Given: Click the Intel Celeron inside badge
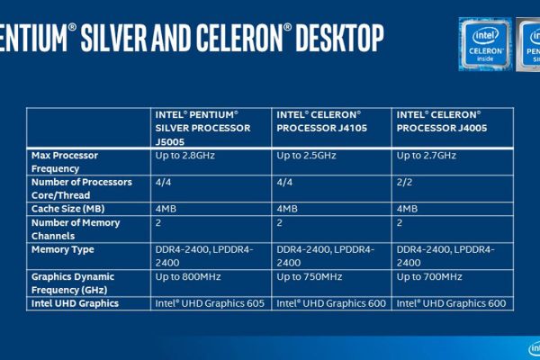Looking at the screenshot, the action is pyautogui.click(x=485, y=44).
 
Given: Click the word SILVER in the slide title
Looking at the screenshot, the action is pyautogui.click(x=114, y=38).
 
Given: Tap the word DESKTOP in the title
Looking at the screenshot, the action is pyautogui.click(x=339, y=38).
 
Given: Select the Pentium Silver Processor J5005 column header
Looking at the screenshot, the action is pyautogui.click(x=202, y=128).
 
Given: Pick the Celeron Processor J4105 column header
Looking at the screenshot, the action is pyautogui.click(x=321, y=121).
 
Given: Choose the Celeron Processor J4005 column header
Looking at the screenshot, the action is pyautogui.click(x=442, y=121).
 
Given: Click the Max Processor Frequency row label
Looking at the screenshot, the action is pyautogui.click(x=65, y=162).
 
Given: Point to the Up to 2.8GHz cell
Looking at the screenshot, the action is pyautogui.click(x=184, y=156).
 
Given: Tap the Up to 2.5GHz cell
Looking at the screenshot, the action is pyautogui.click(x=306, y=156).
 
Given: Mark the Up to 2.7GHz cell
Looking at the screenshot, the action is pyautogui.click(x=426, y=156).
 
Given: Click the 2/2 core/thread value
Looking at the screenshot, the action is pyautogui.click(x=404, y=182).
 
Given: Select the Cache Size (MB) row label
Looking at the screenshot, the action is pyautogui.click(x=67, y=209).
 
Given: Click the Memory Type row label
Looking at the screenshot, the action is pyautogui.click(x=63, y=249).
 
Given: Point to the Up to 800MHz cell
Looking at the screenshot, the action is pyautogui.click(x=188, y=276).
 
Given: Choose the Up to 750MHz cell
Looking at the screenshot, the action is pyautogui.click(x=310, y=276).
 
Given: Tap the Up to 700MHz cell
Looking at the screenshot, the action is pyautogui.click(x=429, y=276).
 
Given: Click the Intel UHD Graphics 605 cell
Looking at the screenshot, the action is pyautogui.click(x=210, y=303).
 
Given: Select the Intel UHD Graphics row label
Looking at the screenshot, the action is pyautogui.click(x=75, y=303).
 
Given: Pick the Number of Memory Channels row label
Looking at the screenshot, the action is pyautogui.click(x=76, y=229).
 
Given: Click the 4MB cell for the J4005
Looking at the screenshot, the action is pyautogui.click(x=407, y=209).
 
